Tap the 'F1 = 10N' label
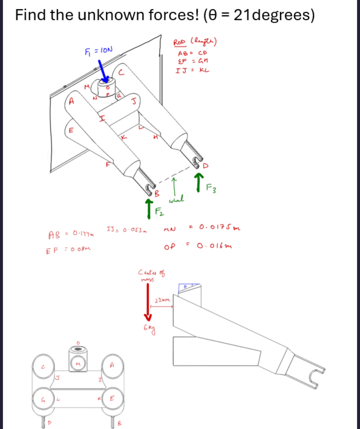click(x=98, y=50)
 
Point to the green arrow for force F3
click(x=199, y=182)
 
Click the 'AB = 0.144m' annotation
click(x=71, y=235)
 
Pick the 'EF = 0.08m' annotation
click(x=68, y=250)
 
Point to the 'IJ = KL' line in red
click(x=192, y=70)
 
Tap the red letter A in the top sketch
click(x=71, y=101)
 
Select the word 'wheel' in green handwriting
click(x=176, y=199)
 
